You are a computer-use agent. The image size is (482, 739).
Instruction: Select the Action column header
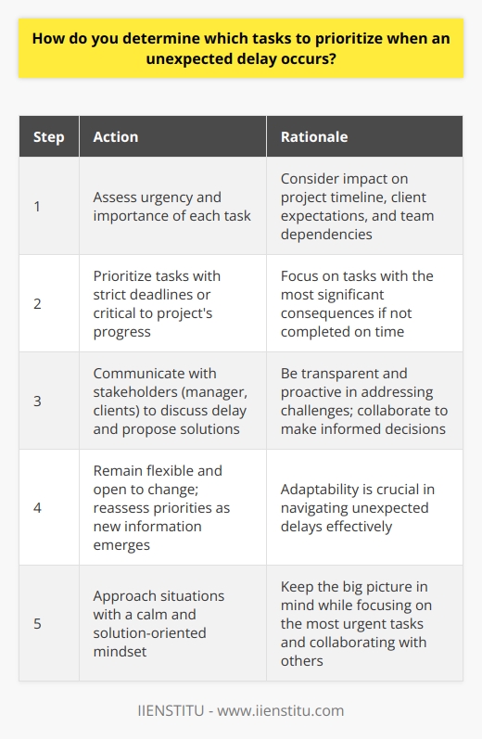click(x=116, y=136)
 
